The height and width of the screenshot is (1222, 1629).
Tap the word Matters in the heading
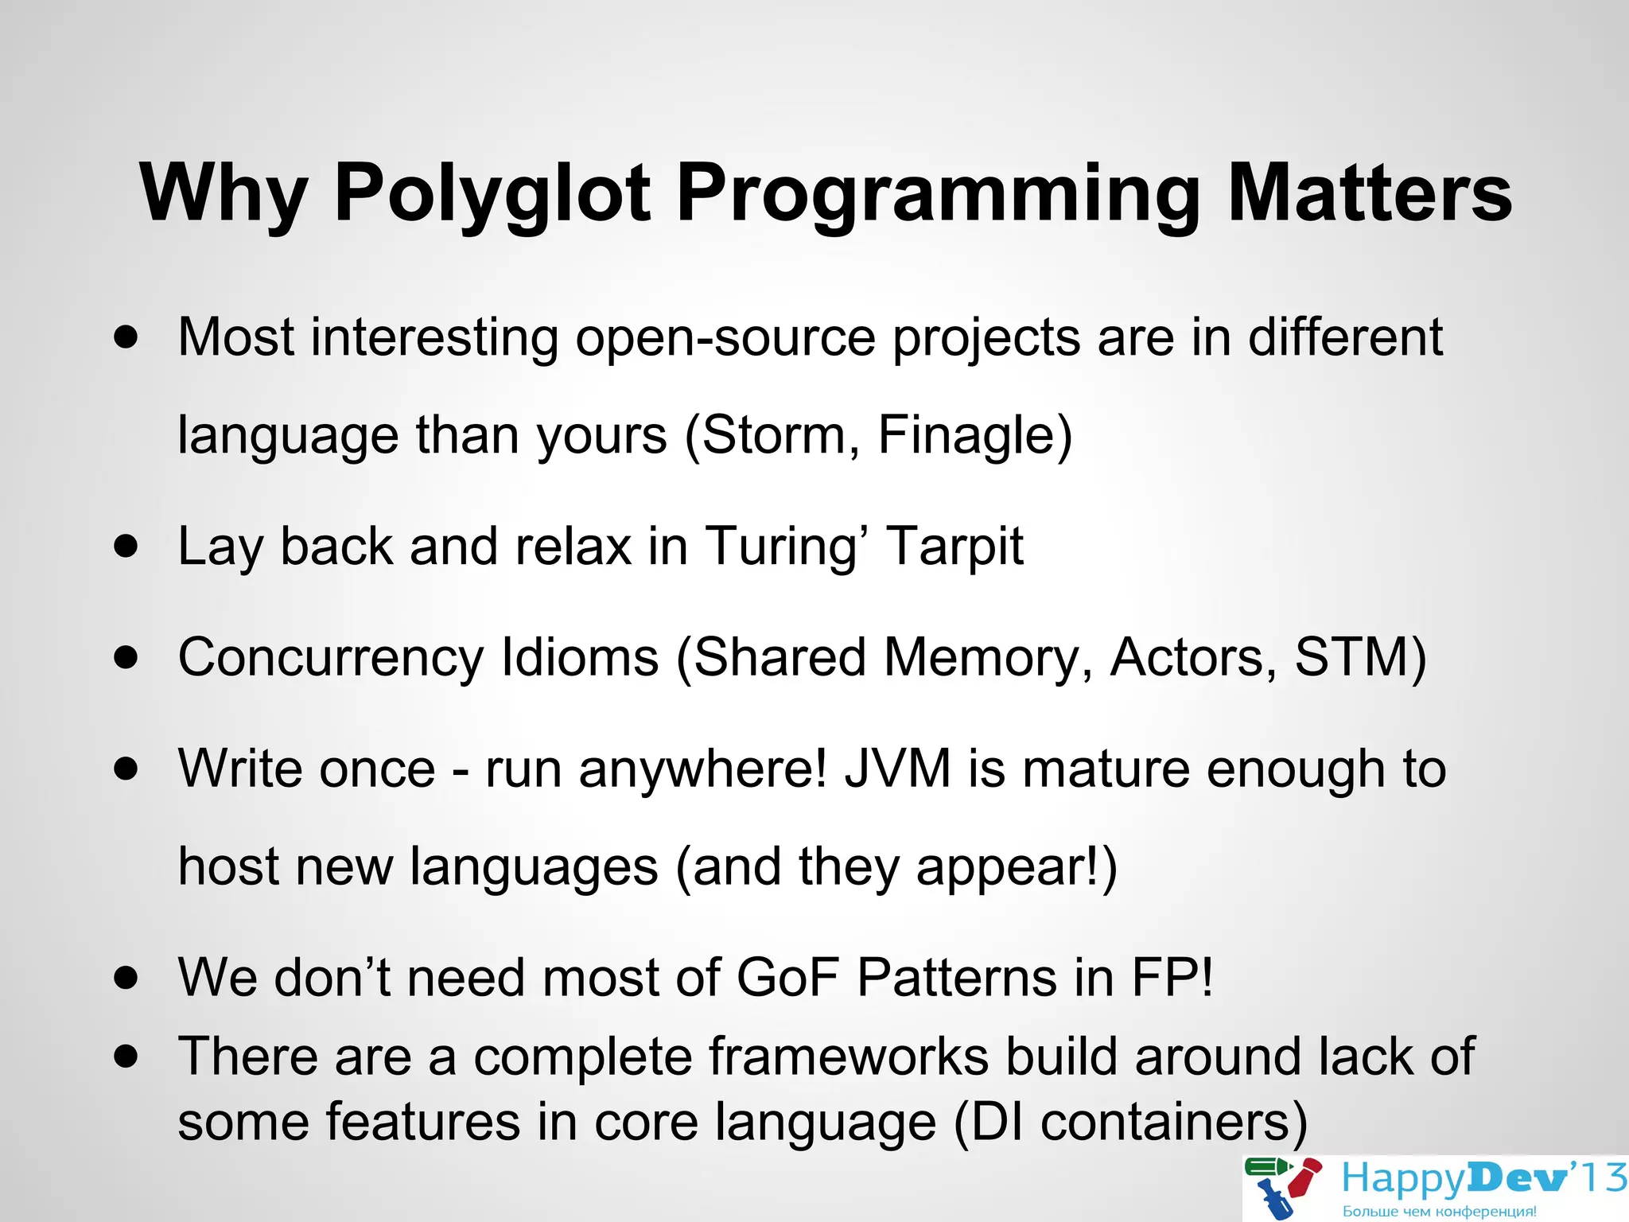[1369, 193]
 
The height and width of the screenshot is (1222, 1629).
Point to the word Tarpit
[954, 547]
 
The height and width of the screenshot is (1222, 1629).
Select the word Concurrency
[330, 659]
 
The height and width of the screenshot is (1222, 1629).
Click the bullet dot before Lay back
[126, 547]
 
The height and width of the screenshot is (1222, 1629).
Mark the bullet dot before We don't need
[126, 978]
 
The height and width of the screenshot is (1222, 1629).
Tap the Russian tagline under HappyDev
[1439, 1212]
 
